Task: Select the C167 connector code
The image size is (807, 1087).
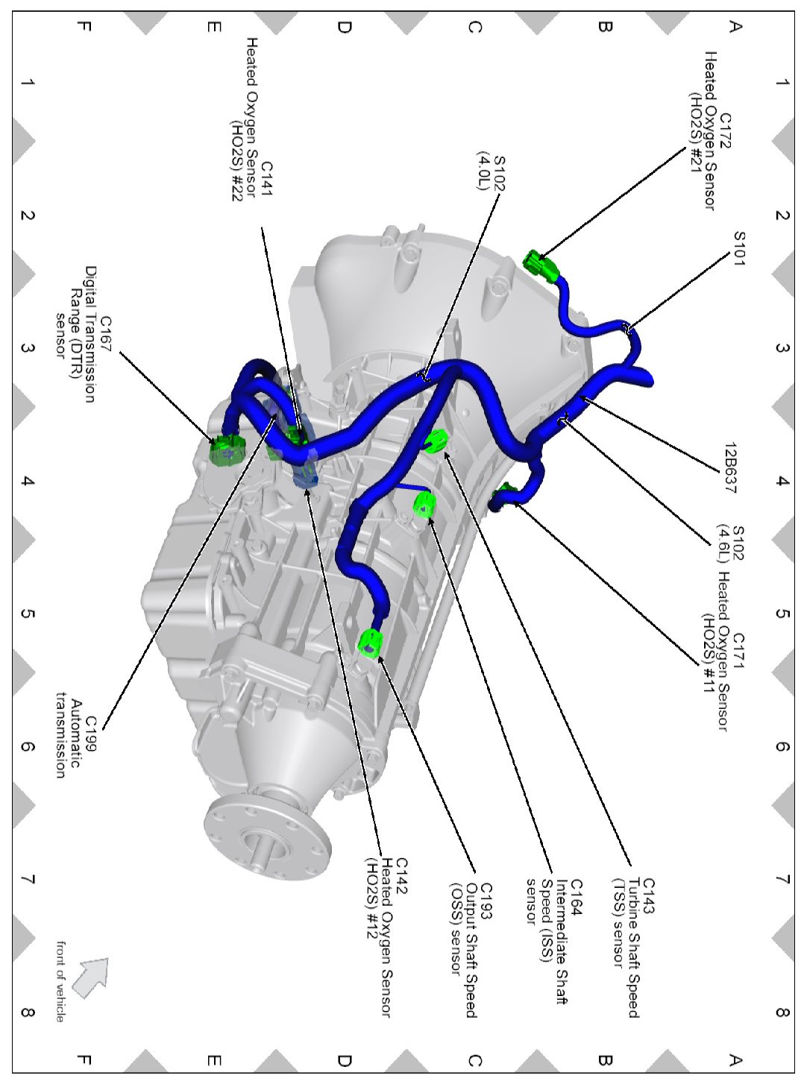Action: click(x=105, y=334)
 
